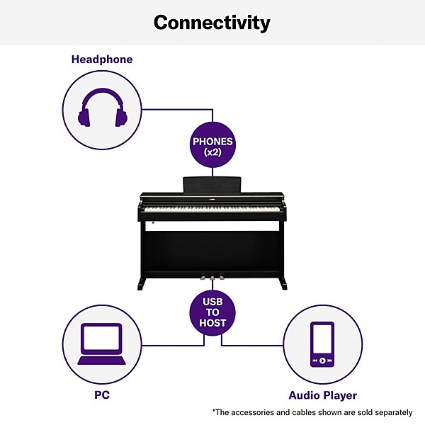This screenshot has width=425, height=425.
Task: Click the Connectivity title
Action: click(212, 23)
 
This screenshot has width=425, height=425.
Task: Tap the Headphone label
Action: click(102, 59)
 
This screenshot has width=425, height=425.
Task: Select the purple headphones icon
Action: click(103, 109)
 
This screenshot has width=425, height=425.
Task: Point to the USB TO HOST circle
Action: click(213, 311)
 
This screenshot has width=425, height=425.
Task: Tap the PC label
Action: click(102, 394)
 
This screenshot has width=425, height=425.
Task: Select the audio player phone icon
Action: click(322, 344)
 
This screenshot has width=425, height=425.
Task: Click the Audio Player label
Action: click(322, 395)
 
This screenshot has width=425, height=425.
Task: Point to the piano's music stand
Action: click(213, 183)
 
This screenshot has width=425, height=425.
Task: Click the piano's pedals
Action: click(213, 277)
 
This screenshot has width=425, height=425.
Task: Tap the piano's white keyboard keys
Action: click(212, 208)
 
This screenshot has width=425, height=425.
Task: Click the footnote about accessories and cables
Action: click(312, 412)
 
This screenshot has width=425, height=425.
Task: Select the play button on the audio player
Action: click(322, 361)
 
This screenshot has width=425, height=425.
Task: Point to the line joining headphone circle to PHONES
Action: click(177, 109)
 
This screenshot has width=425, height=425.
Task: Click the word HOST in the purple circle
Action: click(213, 323)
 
